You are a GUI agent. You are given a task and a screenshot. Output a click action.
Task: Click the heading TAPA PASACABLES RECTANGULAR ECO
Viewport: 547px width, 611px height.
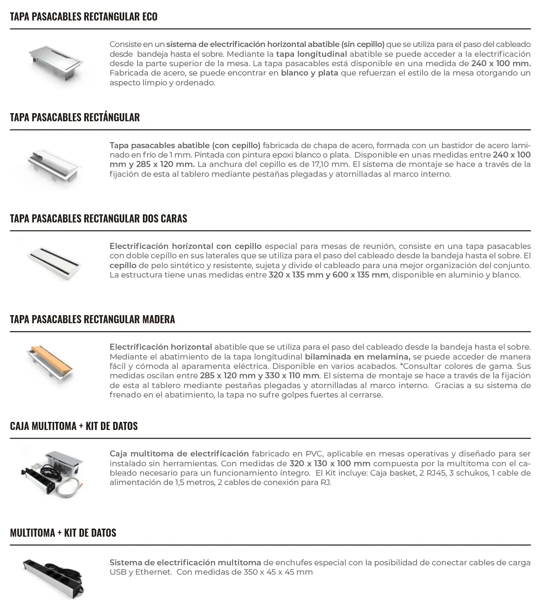84,17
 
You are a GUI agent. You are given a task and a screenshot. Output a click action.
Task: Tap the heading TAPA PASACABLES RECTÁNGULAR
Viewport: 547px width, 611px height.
75,117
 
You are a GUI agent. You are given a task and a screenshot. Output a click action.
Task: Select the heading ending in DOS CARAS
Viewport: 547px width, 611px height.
98,219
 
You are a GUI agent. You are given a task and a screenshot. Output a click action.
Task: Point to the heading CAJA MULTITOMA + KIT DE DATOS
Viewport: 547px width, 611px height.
74,426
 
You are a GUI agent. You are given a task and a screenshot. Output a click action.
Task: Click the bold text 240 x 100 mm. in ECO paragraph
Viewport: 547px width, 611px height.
501,64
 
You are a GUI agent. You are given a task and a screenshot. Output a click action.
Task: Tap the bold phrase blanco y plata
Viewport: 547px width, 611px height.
309,73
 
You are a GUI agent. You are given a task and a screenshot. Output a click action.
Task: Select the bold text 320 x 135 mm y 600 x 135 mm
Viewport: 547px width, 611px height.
328,275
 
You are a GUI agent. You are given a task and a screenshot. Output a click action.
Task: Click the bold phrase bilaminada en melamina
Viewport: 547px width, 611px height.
357,357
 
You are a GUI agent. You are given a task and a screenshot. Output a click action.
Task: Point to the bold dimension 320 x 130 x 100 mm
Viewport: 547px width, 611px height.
330,464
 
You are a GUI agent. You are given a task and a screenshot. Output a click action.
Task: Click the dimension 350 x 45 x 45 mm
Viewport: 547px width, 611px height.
278,572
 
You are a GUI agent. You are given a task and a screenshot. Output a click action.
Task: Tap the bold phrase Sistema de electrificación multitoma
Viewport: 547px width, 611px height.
185,563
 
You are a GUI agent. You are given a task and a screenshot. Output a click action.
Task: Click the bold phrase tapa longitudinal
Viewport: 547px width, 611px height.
312,54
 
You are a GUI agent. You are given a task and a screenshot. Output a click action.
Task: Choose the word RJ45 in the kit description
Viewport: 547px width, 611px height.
438,473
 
